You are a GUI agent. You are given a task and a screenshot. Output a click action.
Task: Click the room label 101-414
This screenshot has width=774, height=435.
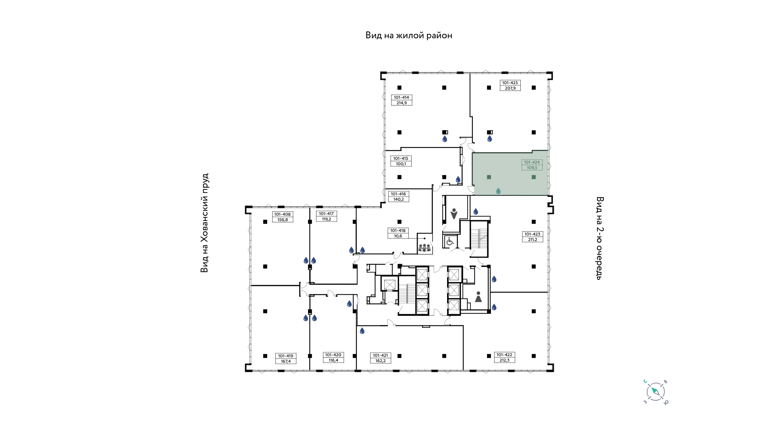[402, 100]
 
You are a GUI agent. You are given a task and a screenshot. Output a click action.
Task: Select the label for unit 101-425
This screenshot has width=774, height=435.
[510, 85]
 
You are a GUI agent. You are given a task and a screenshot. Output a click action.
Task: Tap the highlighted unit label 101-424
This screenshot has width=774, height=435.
[532, 165]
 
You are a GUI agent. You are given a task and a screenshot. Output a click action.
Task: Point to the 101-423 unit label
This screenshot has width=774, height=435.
[532, 236]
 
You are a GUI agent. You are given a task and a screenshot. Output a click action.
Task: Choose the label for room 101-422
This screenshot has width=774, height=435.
[504, 357]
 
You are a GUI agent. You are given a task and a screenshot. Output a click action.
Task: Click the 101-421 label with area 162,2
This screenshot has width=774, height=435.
[380, 358]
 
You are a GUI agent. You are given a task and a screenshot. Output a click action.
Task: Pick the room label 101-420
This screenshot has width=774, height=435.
[333, 357]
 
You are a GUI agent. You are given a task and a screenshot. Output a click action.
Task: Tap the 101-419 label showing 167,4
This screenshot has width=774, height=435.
[285, 358]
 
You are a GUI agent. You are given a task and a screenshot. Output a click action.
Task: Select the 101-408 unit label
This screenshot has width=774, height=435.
[283, 217]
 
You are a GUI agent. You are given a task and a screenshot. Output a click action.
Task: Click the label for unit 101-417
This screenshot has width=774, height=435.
[327, 216]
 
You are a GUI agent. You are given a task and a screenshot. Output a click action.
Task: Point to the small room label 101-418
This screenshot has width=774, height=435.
[398, 233]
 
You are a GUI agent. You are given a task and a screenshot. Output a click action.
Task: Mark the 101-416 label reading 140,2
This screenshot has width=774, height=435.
[398, 197]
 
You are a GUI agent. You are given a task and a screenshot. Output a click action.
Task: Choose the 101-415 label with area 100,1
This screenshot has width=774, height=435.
[401, 161]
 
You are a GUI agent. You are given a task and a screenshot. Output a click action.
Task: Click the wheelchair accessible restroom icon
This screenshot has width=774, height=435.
[450, 241]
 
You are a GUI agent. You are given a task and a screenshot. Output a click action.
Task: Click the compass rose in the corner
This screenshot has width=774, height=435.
[655, 391]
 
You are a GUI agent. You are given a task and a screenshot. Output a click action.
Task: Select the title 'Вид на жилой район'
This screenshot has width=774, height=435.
[409, 35]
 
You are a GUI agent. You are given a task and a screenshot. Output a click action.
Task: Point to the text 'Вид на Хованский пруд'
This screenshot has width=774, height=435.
[205, 223]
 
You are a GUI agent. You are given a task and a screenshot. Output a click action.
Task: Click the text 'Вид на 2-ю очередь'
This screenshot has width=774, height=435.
[599, 238]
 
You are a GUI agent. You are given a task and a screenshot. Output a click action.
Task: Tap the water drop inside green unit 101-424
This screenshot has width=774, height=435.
[498, 191]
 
